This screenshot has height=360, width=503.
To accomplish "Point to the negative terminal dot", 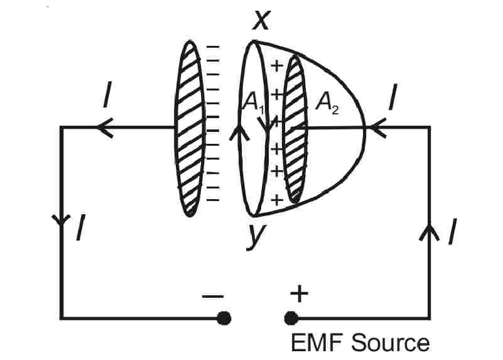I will pos(223,318).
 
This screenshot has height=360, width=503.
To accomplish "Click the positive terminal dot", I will pos(290,318).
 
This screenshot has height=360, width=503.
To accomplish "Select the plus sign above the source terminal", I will pos(299,293).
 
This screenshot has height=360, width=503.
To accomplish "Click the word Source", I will pos(390,343).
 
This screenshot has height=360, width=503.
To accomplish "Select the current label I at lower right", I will pos(452,232).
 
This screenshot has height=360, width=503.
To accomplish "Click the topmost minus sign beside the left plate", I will pos(214,48).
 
